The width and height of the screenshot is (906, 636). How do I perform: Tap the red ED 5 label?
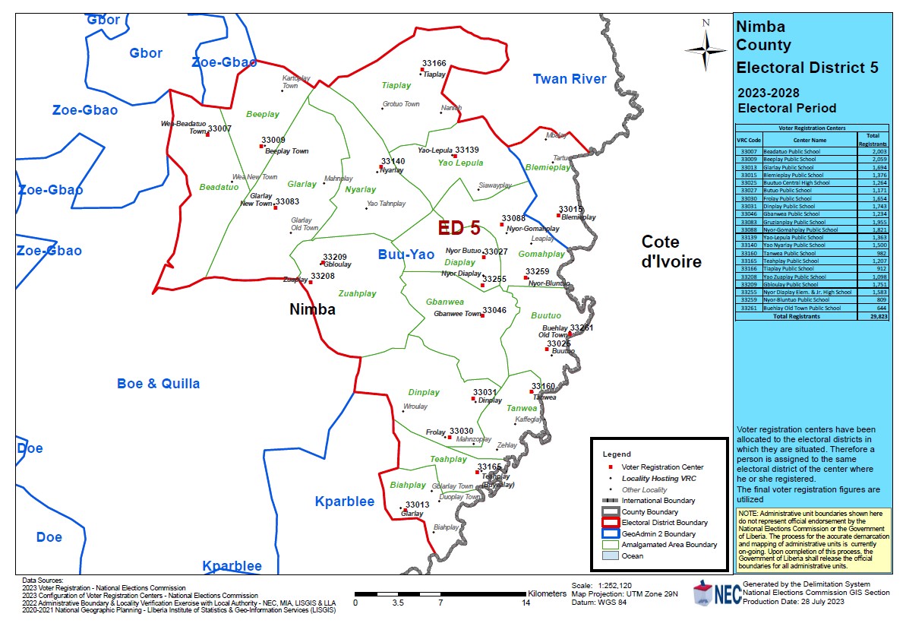click(459, 227)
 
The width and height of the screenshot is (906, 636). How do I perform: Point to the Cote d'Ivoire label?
click(671, 252)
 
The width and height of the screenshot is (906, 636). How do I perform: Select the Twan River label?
click(570, 79)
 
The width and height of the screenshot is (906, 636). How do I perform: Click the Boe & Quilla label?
click(158, 384)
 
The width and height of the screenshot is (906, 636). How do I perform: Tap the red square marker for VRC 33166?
click(421, 70)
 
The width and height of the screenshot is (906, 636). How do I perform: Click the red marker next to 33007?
click(207, 135)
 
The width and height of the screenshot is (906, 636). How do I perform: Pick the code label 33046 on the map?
click(494, 310)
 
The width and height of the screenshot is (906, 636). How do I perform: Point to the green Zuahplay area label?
click(357, 293)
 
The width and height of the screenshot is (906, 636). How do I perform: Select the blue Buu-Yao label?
click(406, 255)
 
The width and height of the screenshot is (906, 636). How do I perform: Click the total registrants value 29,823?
click(876, 316)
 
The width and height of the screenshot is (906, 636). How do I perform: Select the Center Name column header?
click(810, 140)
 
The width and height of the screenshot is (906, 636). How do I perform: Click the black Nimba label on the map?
click(312, 310)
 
